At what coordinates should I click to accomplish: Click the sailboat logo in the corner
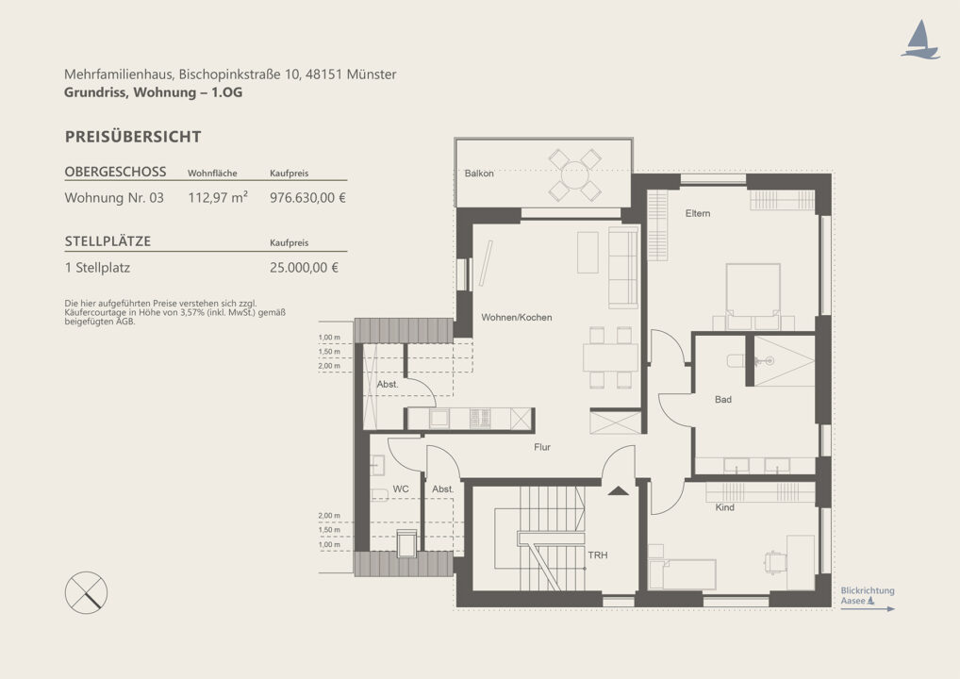pyautogui.click(x=919, y=40)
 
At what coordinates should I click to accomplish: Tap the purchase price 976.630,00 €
pyautogui.click(x=308, y=198)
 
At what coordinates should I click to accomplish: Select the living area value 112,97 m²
pyautogui.click(x=218, y=198)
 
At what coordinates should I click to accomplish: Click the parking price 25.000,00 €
pyautogui.click(x=304, y=268)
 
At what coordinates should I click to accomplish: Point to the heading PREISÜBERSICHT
pyautogui.click(x=133, y=137)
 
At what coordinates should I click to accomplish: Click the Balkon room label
pyautogui.click(x=479, y=174)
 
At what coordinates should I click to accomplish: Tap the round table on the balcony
pyautogui.click(x=575, y=175)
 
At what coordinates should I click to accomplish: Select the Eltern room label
pyautogui.click(x=698, y=213)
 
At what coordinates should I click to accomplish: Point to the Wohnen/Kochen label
pyautogui.click(x=517, y=317)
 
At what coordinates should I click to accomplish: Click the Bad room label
pyautogui.click(x=723, y=399)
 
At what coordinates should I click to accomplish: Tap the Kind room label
pyautogui.click(x=725, y=507)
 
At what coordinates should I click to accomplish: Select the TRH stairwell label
pyautogui.click(x=598, y=555)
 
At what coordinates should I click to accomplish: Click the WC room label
pyautogui.click(x=401, y=489)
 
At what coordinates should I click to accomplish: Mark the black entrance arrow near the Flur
pyautogui.click(x=619, y=490)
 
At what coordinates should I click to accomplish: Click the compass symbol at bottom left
pyautogui.click(x=87, y=592)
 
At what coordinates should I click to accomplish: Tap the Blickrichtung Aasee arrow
pyautogui.click(x=868, y=608)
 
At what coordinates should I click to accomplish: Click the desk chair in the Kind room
pyautogui.click(x=773, y=561)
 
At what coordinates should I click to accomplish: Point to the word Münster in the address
pyautogui.click(x=372, y=75)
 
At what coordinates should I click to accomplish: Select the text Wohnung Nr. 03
pyautogui.click(x=114, y=198)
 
